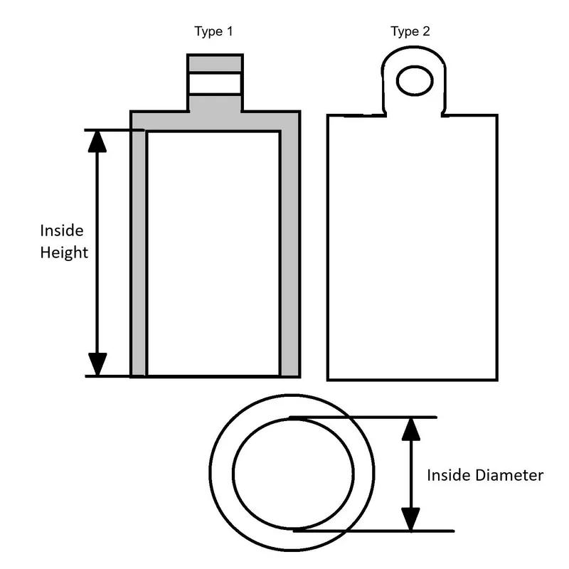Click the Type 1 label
[213, 31]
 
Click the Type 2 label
[410, 31]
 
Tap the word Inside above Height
[62, 230]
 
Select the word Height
[64, 252]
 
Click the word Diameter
[509, 475]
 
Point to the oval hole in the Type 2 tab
[415, 80]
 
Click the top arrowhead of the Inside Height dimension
[97, 142]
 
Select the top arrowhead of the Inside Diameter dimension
[411, 430]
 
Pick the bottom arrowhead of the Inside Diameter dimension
[411, 519]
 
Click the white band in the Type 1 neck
[215, 83]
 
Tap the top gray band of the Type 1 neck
[215, 63]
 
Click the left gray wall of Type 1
[138, 253]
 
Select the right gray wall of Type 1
[289, 253]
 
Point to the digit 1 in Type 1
[229, 31]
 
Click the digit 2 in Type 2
[426, 31]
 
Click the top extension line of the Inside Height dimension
[114, 130]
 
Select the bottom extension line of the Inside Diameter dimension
[374, 531]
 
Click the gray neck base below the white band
[215, 103]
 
